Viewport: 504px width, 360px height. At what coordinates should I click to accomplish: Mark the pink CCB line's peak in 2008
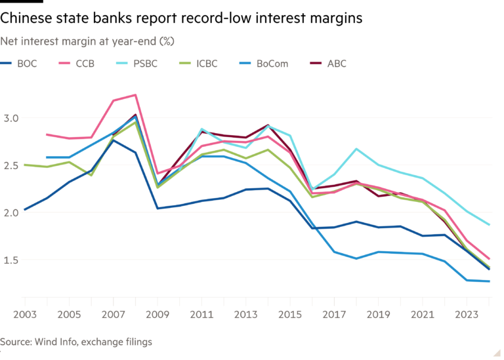pyautogui.click(x=136, y=94)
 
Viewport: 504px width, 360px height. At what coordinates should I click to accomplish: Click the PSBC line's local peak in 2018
pyautogui.click(x=356, y=149)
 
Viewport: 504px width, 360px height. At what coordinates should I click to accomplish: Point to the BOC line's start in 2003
pyautogui.click(x=24, y=210)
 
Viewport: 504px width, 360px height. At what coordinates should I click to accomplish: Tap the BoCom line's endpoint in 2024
pyautogui.click(x=490, y=281)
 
